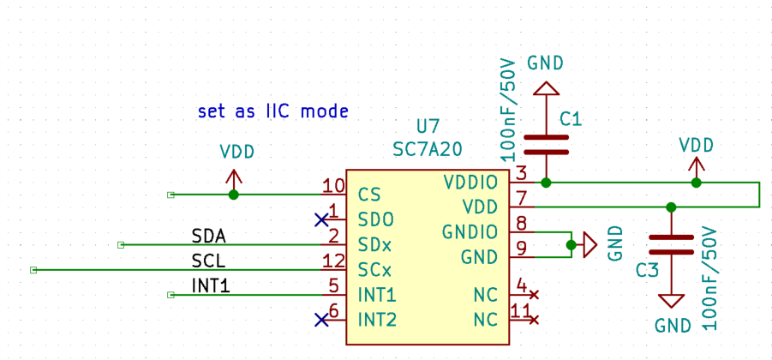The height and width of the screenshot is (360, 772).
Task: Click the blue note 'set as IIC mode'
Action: (272, 111)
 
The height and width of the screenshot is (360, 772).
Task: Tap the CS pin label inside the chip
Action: (369, 195)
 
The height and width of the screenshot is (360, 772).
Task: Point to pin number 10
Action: (333, 186)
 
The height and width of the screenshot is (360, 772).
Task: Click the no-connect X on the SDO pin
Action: (321, 219)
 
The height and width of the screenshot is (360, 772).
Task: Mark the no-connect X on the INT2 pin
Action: (321, 320)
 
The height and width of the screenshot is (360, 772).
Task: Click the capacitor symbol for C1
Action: (546, 143)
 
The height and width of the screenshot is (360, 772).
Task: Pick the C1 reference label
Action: (571, 120)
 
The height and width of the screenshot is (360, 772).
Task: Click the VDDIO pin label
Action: (470, 183)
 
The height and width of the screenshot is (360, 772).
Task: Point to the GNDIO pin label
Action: (470, 232)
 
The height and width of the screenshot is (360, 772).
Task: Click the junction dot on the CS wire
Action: (233, 195)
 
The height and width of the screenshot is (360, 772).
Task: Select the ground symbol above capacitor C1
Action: (546, 88)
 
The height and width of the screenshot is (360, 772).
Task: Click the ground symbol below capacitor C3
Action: (671, 301)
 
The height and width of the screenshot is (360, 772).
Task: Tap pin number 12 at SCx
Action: (333, 261)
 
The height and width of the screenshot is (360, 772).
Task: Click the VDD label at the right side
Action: (696, 144)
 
